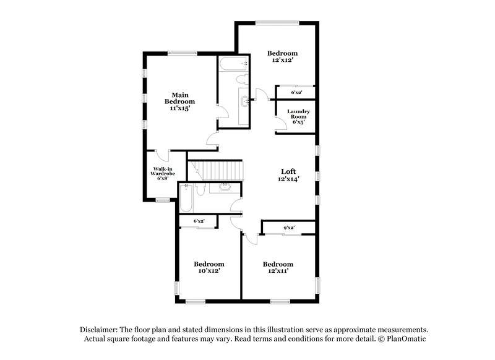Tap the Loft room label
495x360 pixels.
click(288, 171)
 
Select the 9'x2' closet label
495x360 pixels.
click(288, 228)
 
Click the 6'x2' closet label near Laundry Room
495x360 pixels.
click(298, 93)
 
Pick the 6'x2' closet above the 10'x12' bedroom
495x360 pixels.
click(199, 221)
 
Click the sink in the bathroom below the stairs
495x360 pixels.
click(225, 187)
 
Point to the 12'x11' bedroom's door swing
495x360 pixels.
click(250, 236)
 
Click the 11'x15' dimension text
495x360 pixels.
click(179, 108)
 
